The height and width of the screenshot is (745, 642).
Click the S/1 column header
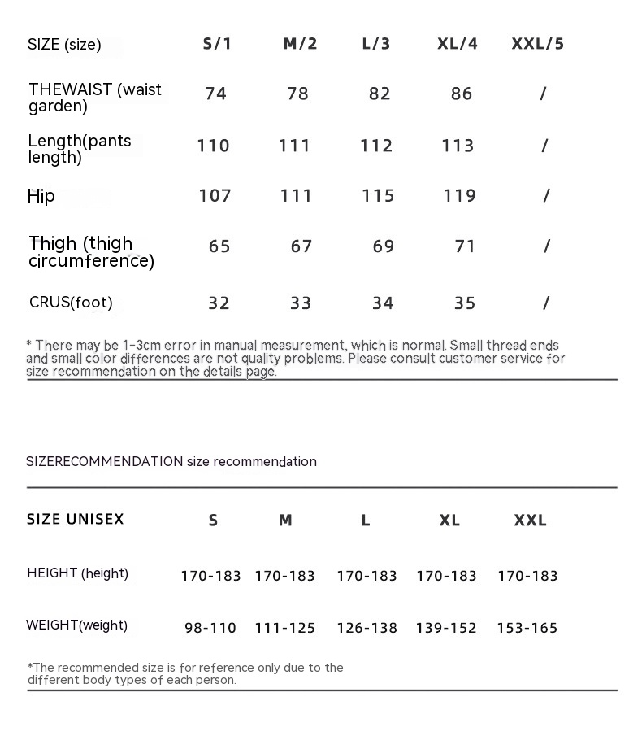(x=217, y=44)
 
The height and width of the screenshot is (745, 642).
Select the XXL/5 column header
(x=537, y=44)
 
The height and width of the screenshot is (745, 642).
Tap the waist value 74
(x=215, y=94)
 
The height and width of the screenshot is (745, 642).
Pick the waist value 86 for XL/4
(x=462, y=94)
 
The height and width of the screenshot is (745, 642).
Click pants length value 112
(x=376, y=146)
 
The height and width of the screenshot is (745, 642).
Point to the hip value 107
(x=215, y=196)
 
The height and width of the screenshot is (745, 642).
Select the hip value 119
(x=459, y=196)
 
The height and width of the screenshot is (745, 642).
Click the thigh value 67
(x=301, y=246)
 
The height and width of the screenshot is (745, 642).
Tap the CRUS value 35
(x=465, y=303)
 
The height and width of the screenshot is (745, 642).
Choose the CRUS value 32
(x=219, y=303)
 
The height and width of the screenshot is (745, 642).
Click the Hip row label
(x=41, y=196)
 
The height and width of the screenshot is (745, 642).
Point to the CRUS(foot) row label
(x=71, y=303)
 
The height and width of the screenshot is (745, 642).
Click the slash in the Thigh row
(x=547, y=246)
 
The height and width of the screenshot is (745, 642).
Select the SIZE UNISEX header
(x=76, y=519)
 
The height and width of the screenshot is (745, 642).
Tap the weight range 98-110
(x=210, y=628)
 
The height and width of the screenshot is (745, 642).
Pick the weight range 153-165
(x=527, y=628)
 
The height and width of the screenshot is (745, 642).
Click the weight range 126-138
(x=367, y=628)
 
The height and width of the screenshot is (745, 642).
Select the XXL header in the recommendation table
(x=530, y=521)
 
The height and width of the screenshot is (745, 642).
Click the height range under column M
(x=284, y=576)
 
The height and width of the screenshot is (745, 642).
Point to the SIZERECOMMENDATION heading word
(x=104, y=462)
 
